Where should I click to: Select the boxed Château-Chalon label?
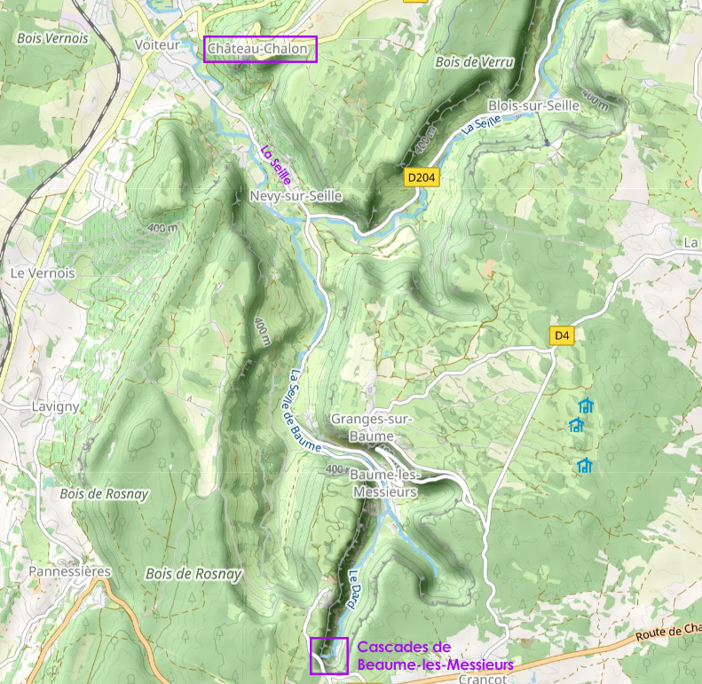[260, 50]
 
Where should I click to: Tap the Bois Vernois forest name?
[52, 39]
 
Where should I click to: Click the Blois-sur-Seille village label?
[533, 105]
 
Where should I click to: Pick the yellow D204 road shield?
[422, 177]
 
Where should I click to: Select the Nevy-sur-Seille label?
[296, 196]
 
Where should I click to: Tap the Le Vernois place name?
[42, 273]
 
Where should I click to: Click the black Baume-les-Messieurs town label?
[385, 484]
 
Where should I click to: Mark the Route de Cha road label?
[668, 633]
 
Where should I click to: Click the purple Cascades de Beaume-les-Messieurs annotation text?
[435, 656]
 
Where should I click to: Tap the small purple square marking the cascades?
[328, 656]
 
